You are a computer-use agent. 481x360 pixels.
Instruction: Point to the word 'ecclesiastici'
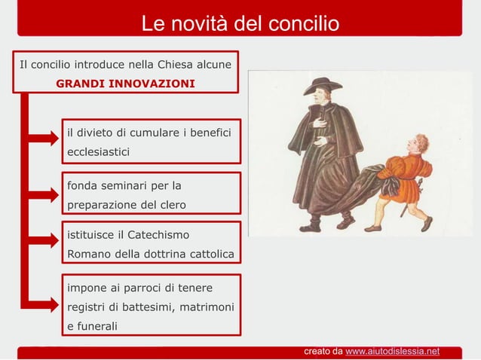point(98,152)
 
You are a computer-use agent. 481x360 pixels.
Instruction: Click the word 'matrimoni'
point(206,307)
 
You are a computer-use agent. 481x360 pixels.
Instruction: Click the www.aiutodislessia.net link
point(392,351)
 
